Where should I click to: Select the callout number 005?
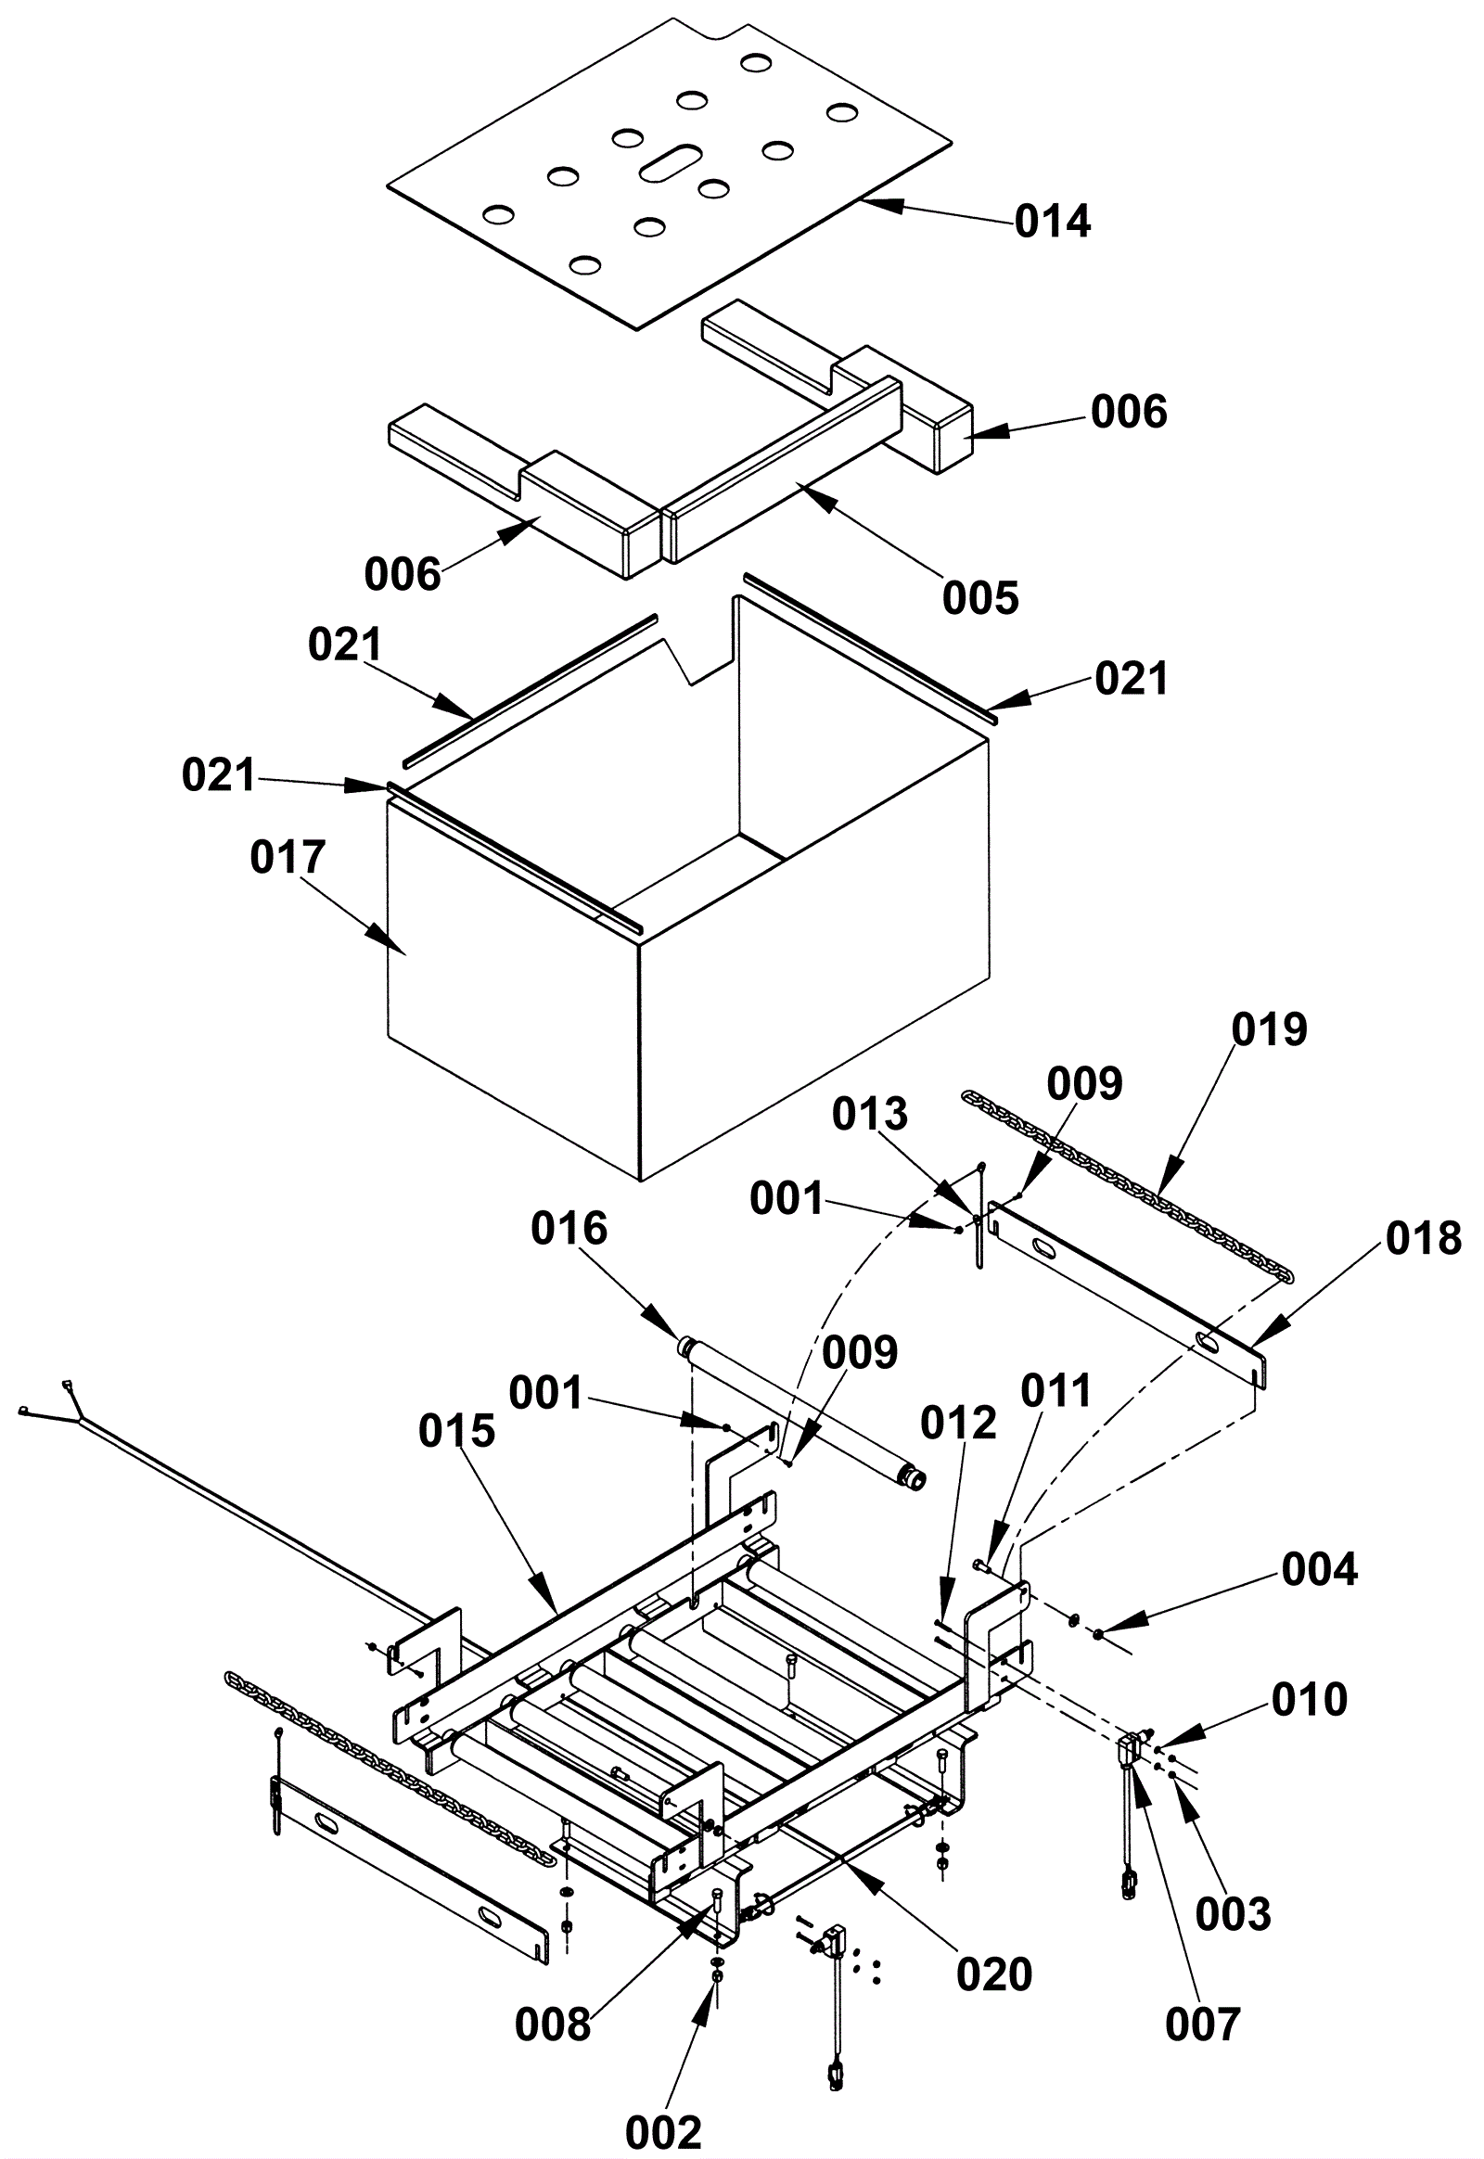(x=980, y=597)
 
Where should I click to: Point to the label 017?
(x=288, y=857)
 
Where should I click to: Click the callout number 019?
(x=1269, y=1029)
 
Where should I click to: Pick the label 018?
(x=1424, y=1239)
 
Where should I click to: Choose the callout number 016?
(x=569, y=1229)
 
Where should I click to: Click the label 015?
(x=456, y=1432)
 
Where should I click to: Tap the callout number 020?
(x=994, y=1974)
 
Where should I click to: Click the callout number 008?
(x=553, y=2025)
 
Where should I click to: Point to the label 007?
(x=1203, y=2025)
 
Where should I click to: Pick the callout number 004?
(x=1320, y=1568)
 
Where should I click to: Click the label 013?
(x=869, y=1113)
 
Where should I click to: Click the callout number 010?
(x=1310, y=1699)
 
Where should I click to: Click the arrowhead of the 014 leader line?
(x=868, y=201)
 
